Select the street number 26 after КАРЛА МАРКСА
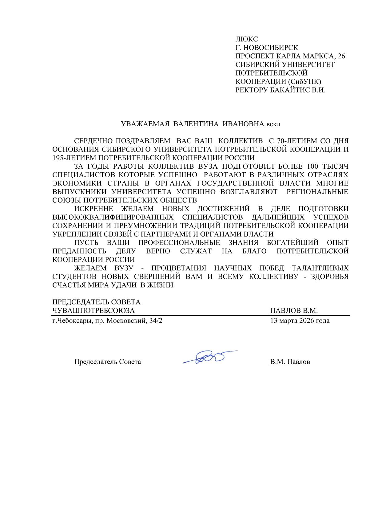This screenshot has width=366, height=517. [x=341, y=56]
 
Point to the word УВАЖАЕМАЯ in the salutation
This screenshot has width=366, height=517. [x=145, y=124]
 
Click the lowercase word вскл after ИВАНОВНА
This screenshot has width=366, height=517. [x=273, y=124]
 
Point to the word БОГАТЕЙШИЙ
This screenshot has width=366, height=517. [x=292, y=243]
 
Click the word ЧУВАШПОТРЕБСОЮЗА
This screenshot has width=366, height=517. [x=94, y=311]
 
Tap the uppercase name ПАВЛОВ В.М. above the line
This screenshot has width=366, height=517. [x=294, y=311]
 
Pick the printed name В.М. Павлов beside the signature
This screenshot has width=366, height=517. [x=290, y=362]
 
